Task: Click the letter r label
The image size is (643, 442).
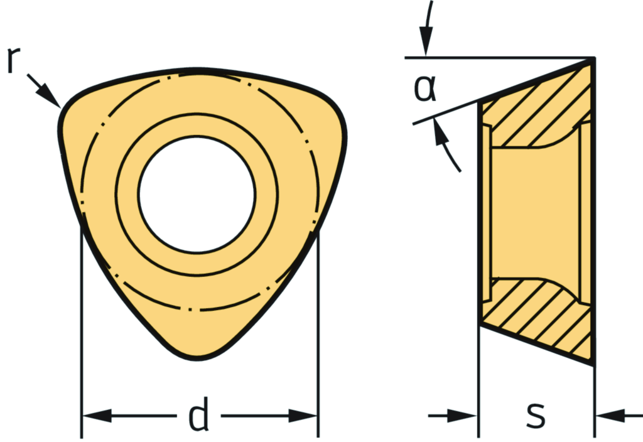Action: click(x=11, y=60)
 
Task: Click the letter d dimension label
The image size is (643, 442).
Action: click(x=198, y=416)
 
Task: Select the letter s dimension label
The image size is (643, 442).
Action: click(x=535, y=415)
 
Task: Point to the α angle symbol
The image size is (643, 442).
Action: click(x=424, y=89)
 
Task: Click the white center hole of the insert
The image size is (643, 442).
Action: click(x=197, y=195)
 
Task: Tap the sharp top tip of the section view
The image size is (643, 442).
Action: click(x=593, y=58)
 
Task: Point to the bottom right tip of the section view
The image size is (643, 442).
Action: click(x=592, y=362)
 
